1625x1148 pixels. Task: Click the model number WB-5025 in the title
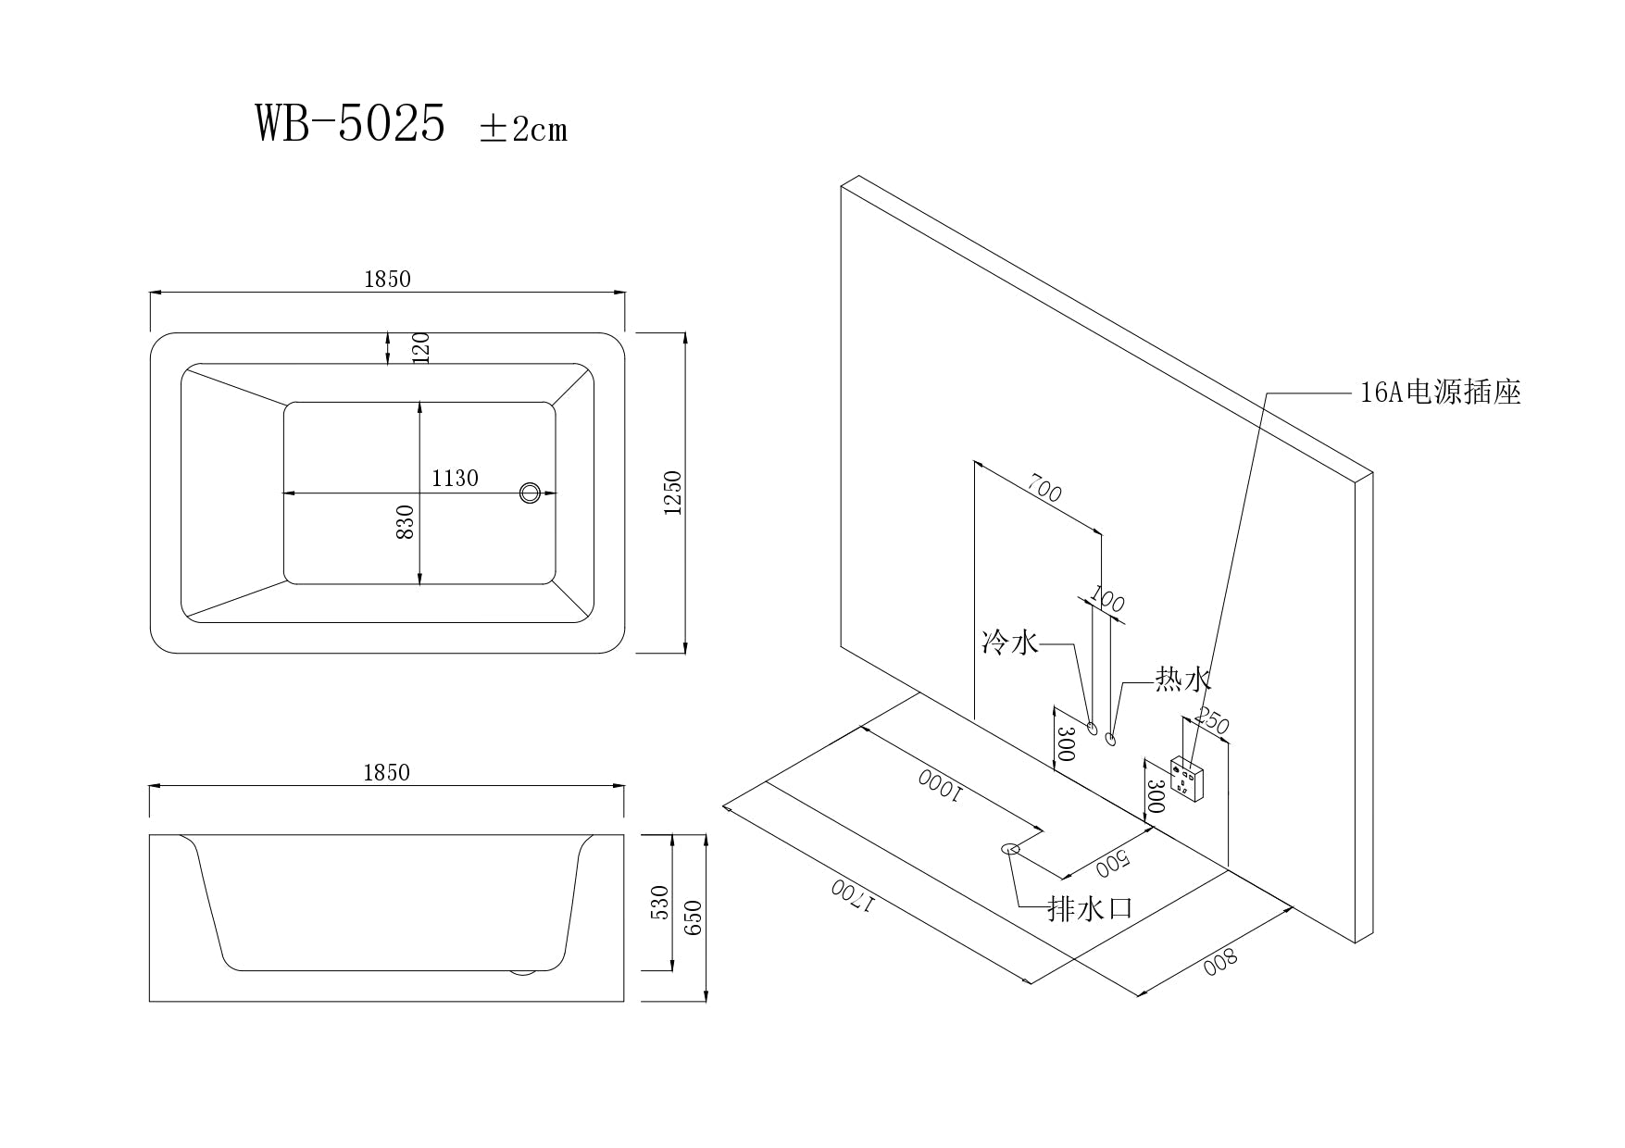pyautogui.click(x=350, y=124)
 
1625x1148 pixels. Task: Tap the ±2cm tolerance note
pyautogui.click(x=523, y=129)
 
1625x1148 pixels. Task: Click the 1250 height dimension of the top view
pyautogui.click(x=673, y=493)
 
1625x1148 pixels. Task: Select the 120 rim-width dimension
pyautogui.click(x=420, y=348)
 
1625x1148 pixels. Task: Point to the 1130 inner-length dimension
pyautogui.click(x=455, y=478)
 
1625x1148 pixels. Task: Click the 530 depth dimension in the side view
pyautogui.click(x=659, y=902)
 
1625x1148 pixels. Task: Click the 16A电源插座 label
pyautogui.click(x=1440, y=393)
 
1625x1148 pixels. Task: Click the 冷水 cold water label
pyautogui.click(x=1010, y=642)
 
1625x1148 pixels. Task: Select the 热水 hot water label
pyautogui.click(x=1182, y=680)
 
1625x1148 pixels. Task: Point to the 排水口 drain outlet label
pyautogui.click(x=1090, y=908)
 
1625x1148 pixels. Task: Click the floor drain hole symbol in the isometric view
pyautogui.click(x=1009, y=848)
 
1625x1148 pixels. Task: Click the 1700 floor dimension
pyautogui.click(x=852, y=895)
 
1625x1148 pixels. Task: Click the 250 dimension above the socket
pyautogui.click(x=1213, y=720)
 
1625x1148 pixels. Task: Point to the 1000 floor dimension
pyautogui.click(x=941, y=783)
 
